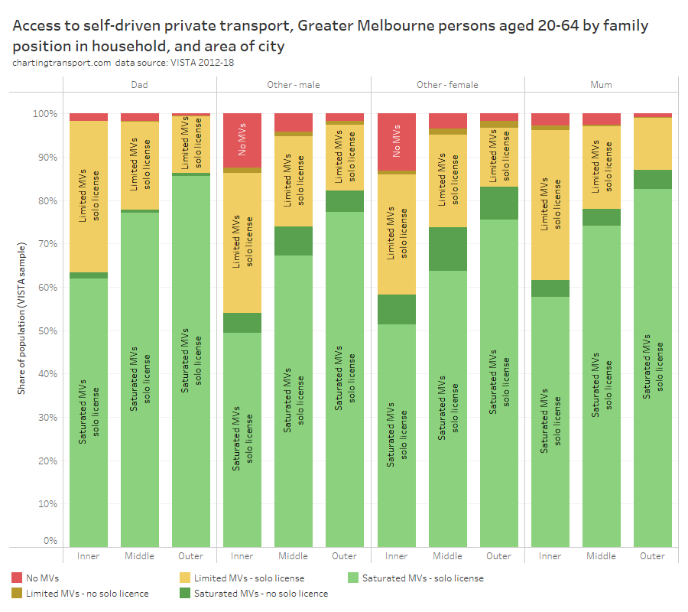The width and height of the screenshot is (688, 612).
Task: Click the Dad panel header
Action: point(140,85)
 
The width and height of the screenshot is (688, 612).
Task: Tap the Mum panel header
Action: point(601,85)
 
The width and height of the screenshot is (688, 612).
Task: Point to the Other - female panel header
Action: point(447,85)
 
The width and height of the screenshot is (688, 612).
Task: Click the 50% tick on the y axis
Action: point(47,331)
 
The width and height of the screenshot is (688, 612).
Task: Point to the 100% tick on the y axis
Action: point(44,114)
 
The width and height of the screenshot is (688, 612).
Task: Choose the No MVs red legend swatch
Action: point(18,578)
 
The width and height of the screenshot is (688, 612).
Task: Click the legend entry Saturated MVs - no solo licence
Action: point(261,594)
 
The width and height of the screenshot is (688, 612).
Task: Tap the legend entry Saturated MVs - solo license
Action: point(423,578)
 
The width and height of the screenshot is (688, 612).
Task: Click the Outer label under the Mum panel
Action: point(652,556)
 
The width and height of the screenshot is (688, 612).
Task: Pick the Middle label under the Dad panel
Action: point(140,556)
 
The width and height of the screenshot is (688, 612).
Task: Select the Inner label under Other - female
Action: point(396,556)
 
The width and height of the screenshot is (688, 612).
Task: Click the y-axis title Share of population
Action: point(22,318)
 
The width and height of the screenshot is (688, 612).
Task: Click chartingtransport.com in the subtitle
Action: point(62,63)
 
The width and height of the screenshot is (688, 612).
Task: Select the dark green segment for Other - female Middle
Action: point(447,249)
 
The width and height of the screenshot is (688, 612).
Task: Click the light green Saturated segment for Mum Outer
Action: point(652,367)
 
